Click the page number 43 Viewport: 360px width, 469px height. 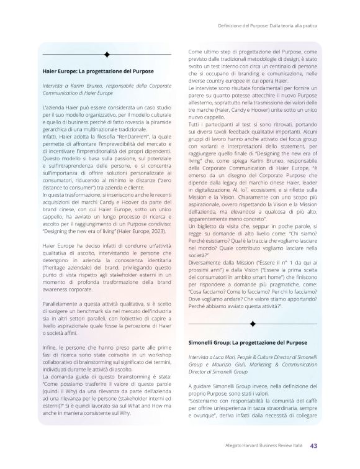(x=315, y=445)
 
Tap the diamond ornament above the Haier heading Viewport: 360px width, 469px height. (x=107, y=55)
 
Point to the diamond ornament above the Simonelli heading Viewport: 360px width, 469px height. (x=253, y=324)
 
